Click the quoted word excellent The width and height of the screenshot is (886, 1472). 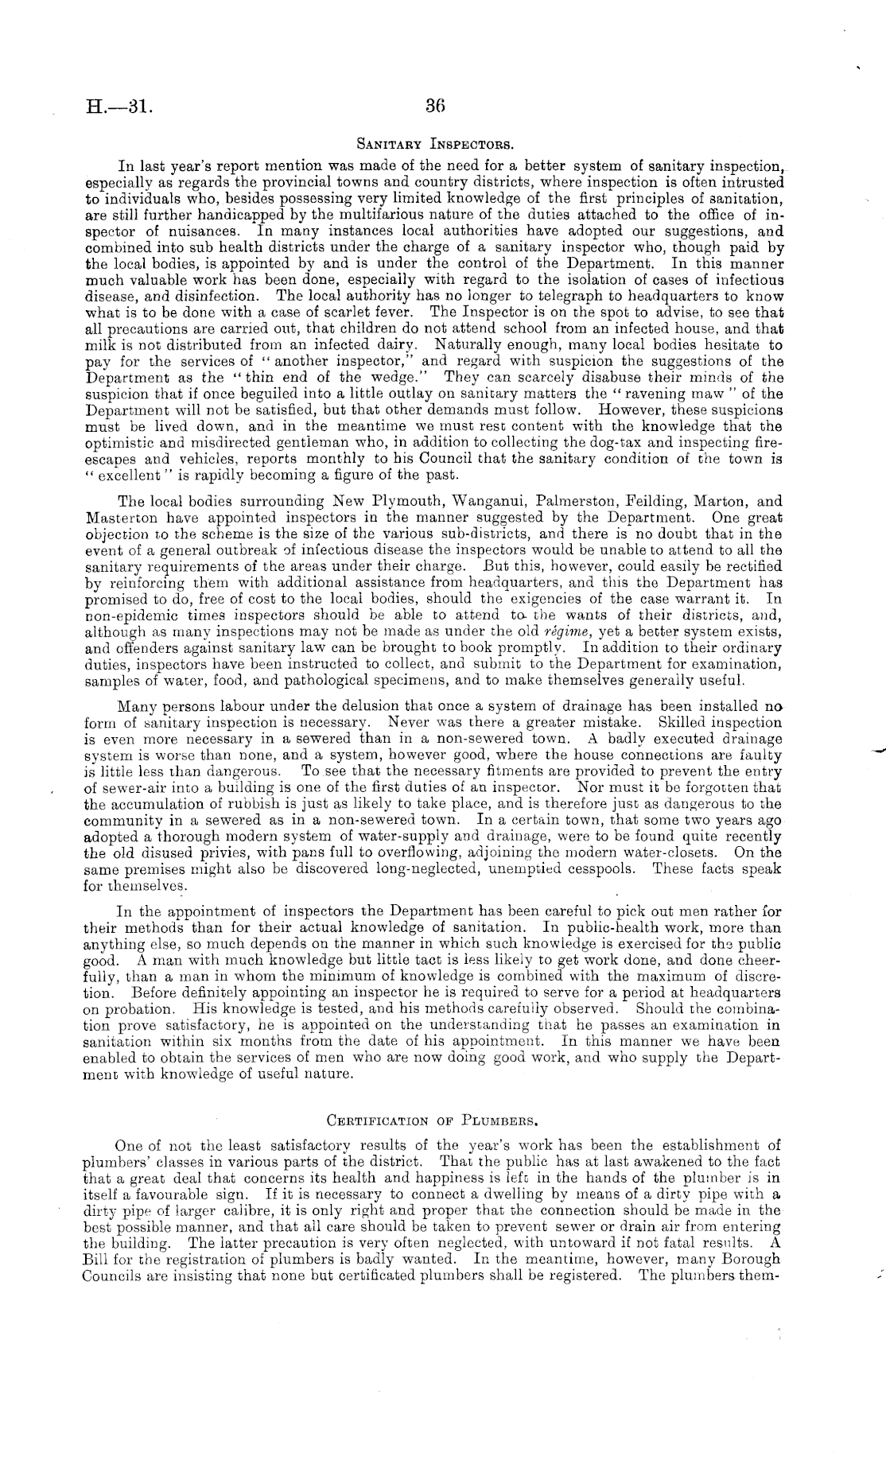pos(116,476)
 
